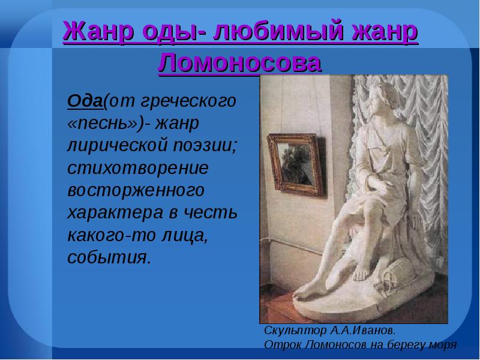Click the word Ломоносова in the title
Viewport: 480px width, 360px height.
point(240,62)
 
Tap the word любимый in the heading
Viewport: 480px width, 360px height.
point(272,31)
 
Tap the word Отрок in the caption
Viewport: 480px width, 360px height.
point(280,344)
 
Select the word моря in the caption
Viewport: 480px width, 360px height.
point(444,344)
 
